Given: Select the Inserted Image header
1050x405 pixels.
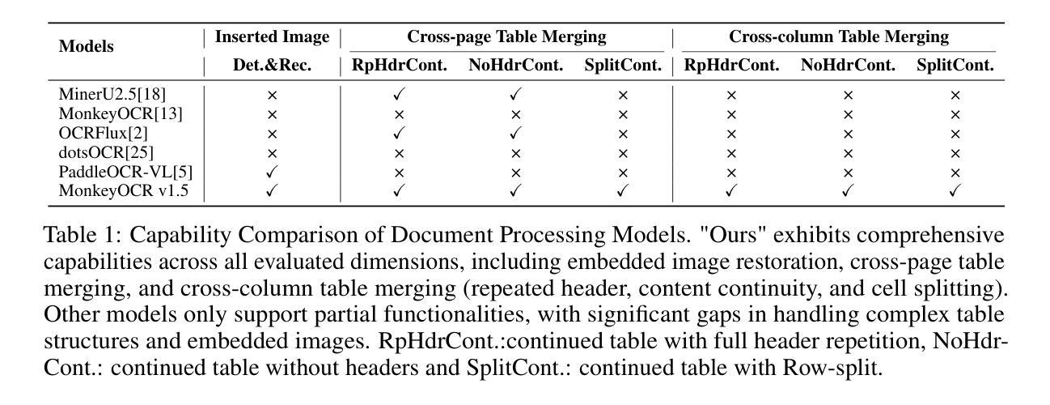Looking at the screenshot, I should coord(272,36).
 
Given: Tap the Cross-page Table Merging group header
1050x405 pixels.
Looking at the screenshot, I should coord(506,36).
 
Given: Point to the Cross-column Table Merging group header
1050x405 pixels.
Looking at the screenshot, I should coord(839,36).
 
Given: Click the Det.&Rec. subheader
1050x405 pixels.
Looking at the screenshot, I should coord(272,65).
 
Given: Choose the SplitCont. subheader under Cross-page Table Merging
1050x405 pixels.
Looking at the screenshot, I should coord(623,65).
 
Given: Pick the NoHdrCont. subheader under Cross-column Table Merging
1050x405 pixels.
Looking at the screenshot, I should coord(848,65).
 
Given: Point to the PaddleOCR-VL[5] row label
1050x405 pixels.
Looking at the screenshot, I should coord(125,173).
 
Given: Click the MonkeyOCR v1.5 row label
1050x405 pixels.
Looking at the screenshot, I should coord(120,192).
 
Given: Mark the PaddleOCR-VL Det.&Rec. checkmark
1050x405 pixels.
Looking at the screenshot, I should coord(272,173).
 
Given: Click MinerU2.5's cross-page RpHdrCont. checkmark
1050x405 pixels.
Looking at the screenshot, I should coord(399,95).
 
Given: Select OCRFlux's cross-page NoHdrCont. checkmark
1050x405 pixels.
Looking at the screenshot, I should coord(515,134).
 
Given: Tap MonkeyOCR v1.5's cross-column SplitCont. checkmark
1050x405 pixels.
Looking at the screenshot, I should coord(955,192).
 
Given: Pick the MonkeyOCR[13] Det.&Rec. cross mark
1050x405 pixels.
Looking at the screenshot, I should coord(272,114).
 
